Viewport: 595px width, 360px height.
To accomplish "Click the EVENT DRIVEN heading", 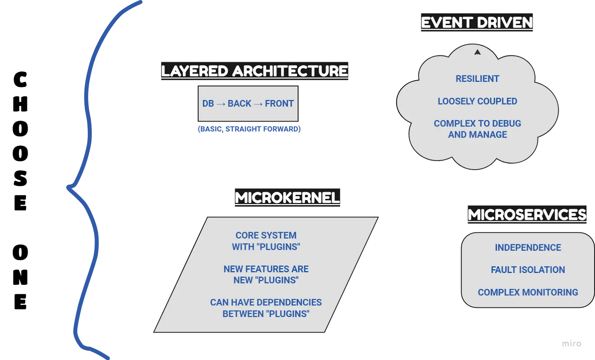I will coord(477,23).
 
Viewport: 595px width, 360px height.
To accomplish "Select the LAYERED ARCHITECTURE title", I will coord(254,71).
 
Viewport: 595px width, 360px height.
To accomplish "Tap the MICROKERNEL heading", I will coord(287,197).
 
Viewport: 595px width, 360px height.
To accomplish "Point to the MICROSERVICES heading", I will coord(527,215).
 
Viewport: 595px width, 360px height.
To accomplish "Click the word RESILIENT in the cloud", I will coord(477,79).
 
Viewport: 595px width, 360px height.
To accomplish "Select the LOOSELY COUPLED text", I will coord(477,101).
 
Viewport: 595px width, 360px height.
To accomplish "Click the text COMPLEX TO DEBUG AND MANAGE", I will coord(477,129).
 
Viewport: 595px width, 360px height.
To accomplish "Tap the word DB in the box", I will coord(208,103).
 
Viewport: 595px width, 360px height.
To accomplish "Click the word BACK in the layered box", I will coord(239,103).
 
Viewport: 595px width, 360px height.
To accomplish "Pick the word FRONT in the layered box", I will coord(279,103).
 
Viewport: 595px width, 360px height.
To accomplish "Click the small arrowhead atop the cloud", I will coord(477,52).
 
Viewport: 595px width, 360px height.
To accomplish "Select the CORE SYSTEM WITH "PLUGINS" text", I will coord(266,241).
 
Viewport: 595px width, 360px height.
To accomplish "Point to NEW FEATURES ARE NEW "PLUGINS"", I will coord(266,274).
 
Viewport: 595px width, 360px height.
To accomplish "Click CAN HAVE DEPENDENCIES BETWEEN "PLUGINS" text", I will coord(266,308).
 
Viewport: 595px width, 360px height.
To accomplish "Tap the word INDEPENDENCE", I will coord(528,248).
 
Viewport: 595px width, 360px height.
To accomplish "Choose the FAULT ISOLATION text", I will coord(528,270).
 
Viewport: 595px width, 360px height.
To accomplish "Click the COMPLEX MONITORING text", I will coord(528,292).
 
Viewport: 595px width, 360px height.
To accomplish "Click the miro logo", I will coord(571,344).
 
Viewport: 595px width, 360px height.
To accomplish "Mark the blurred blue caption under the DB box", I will coord(249,129).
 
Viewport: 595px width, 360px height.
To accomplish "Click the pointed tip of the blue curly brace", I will coord(68,189).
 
